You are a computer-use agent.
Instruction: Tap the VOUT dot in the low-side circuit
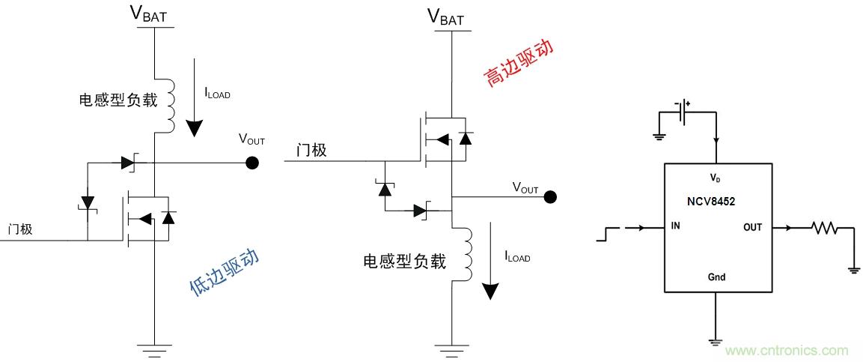253,163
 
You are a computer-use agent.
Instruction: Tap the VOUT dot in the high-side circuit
550,197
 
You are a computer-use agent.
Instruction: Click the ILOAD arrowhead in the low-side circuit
194,128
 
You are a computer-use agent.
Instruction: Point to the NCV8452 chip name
716,202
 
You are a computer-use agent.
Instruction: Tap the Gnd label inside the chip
716,277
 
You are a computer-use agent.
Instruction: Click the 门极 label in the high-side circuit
311,150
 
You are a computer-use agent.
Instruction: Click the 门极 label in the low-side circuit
20,229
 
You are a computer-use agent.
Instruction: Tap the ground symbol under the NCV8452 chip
716,341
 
